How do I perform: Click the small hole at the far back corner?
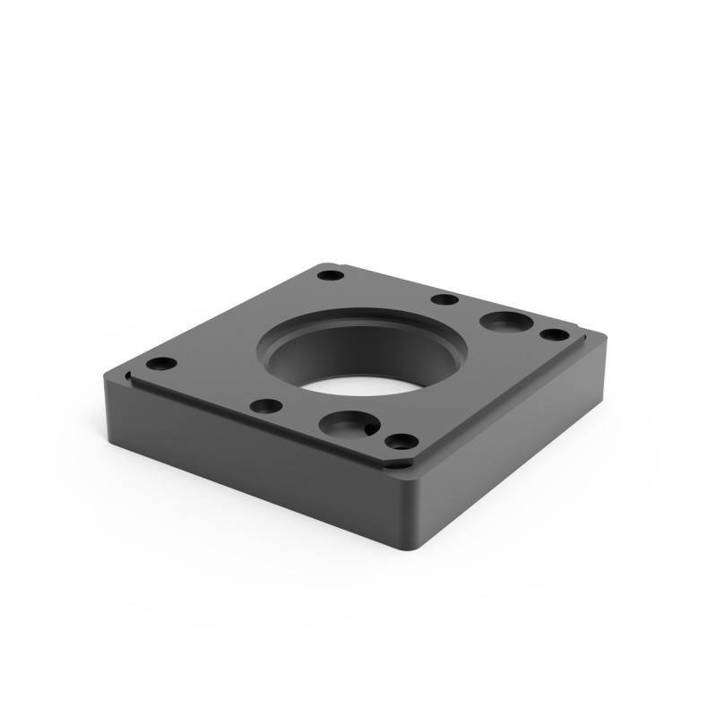(x=331, y=272)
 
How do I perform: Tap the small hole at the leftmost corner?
(x=161, y=365)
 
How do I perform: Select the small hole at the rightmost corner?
(x=555, y=334)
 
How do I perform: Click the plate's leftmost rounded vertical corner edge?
(x=108, y=394)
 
